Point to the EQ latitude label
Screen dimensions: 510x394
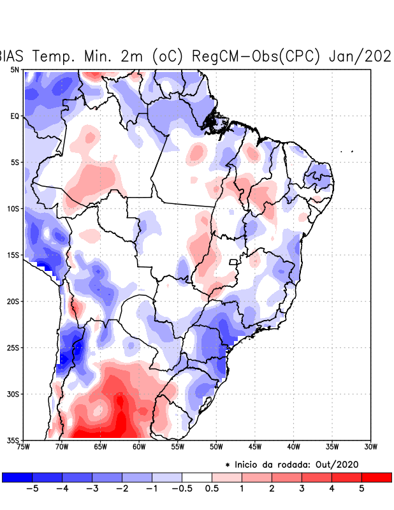point(15,116)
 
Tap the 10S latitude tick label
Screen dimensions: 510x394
point(14,208)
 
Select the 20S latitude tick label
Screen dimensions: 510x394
point(14,301)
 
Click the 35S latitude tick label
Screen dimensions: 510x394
point(14,440)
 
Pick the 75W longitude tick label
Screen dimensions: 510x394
point(23,446)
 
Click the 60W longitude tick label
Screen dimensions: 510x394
point(139,446)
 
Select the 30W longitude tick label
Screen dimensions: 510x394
point(371,446)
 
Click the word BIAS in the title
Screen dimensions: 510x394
point(11,56)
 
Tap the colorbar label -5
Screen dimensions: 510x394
point(32,489)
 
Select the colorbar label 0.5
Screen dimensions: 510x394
point(212,489)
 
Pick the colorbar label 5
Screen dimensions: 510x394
point(361,489)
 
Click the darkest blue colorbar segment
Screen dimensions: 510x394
point(17,477)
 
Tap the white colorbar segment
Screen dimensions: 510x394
point(196,477)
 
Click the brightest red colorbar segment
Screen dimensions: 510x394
point(376,477)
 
